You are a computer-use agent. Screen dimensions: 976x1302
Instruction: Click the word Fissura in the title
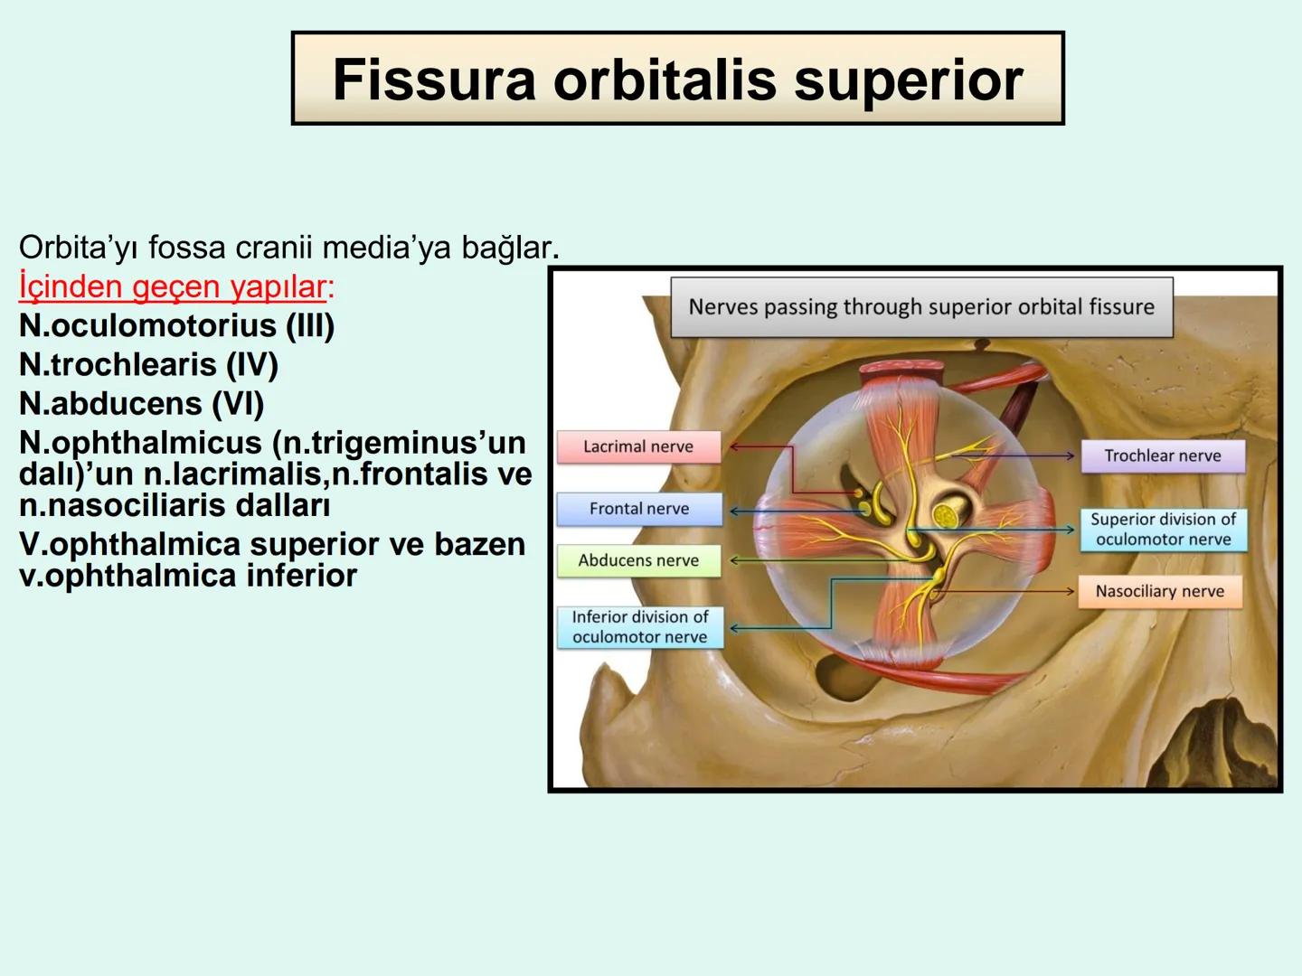[434, 80]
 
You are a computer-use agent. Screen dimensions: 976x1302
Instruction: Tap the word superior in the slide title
[908, 80]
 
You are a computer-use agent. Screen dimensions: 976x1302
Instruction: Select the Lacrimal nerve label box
[638, 446]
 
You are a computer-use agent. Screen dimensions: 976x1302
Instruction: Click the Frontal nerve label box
[638, 509]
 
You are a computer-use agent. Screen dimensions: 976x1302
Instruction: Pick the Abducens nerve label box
[638, 560]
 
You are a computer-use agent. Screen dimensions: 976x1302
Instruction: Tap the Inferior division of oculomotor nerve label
[639, 627]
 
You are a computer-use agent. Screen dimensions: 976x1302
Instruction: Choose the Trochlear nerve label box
[1162, 456]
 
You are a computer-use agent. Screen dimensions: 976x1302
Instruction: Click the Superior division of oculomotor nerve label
[1162, 530]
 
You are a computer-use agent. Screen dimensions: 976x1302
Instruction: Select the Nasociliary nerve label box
[1159, 592]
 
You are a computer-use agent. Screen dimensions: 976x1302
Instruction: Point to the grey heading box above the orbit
[920, 307]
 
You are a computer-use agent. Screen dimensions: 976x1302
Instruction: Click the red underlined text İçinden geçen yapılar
[172, 286]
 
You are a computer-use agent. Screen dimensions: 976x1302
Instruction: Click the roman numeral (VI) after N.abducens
[237, 404]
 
